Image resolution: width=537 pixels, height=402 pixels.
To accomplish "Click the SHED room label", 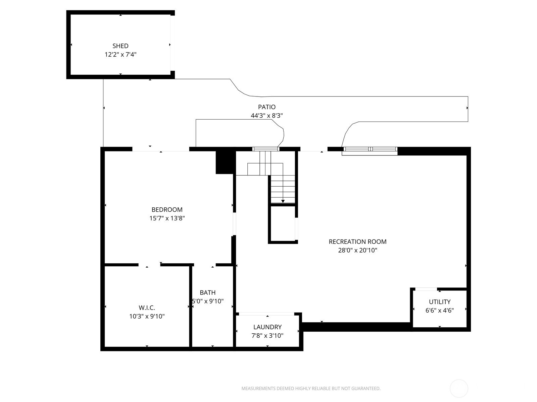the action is tap(120, 46).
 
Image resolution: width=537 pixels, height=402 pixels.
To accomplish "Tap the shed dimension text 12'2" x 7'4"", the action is tap(120, 54).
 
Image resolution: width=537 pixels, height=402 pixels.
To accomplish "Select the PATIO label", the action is tap(267, 107).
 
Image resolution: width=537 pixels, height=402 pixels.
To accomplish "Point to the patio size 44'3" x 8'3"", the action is tap(267, 116).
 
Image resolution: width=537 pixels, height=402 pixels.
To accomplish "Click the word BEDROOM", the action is tap(167, 210).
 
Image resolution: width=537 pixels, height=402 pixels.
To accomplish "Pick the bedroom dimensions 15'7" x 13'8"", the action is tap(167, 218).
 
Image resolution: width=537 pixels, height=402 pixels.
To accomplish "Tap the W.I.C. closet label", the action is tap(147, 308).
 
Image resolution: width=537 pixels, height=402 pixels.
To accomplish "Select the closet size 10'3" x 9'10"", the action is tap(147, 316).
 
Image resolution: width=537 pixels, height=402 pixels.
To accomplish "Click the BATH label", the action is tap(208, 293).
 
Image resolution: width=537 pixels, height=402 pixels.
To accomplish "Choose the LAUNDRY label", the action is tap(267, 327).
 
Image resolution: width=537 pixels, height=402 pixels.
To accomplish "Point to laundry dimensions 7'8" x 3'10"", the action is tap(267, 336).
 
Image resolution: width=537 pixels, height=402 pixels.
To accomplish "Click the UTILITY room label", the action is tap(440, 302).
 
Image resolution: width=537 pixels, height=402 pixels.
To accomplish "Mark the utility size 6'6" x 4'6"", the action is tap(440, 311).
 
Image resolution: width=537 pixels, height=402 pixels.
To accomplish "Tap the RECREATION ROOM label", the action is tap(358, 242).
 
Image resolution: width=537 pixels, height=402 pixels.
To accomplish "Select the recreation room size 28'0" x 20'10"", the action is tap(358, 250).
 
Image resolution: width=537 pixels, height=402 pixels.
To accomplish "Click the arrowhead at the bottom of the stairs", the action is tap(283, 201).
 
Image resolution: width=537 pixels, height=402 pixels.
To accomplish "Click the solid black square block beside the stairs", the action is tap(224, 162).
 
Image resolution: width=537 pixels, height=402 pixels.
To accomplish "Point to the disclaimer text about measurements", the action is tap(311, 388).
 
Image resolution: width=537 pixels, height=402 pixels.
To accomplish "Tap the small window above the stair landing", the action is tap(266, 149).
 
